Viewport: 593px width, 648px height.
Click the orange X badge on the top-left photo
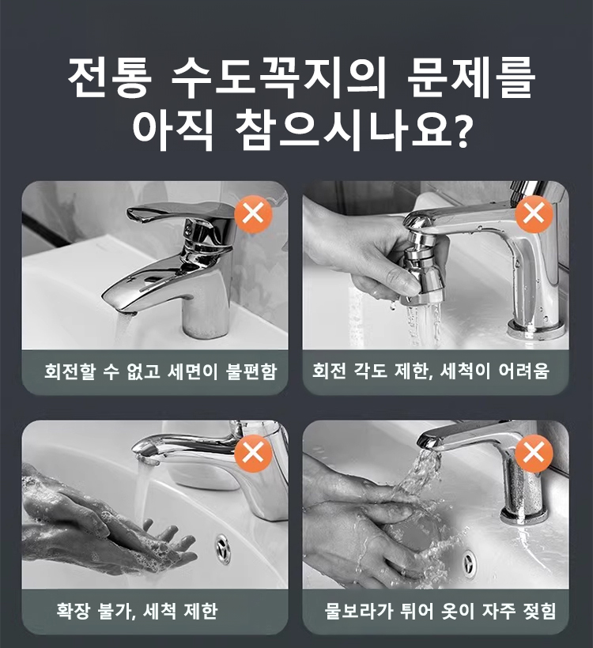[253, 215]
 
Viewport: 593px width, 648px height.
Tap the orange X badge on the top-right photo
[534, 215]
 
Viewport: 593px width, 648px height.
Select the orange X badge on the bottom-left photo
[253, 454]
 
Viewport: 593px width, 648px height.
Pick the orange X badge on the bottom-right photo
[534, 454]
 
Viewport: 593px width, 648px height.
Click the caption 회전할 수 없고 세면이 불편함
[161, 371]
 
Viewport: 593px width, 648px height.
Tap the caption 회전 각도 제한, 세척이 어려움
[431, 371]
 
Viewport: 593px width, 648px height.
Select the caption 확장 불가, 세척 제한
[137, 611]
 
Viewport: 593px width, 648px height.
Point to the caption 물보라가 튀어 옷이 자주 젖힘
[440, 611]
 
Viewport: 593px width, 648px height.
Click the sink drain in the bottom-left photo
[224, 548]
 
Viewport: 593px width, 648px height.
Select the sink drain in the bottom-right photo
[469, 563]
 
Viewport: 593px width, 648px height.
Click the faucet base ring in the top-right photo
[538, 329]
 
